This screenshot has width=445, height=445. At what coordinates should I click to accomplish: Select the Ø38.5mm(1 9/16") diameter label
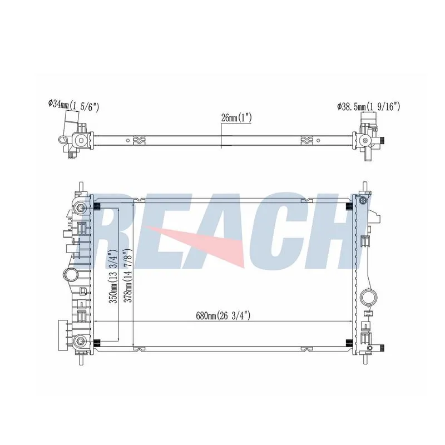368,107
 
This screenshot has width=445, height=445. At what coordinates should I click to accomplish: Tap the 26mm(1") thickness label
236,118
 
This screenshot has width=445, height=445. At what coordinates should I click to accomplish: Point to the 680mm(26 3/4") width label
223,315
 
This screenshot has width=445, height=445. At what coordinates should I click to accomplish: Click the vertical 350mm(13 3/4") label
113,276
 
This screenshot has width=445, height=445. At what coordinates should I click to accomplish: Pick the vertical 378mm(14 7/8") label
129,276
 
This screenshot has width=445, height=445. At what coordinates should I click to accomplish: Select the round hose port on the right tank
369,298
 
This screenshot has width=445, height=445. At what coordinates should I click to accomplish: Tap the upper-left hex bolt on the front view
80,209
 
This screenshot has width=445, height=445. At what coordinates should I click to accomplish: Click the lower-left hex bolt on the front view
80,341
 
